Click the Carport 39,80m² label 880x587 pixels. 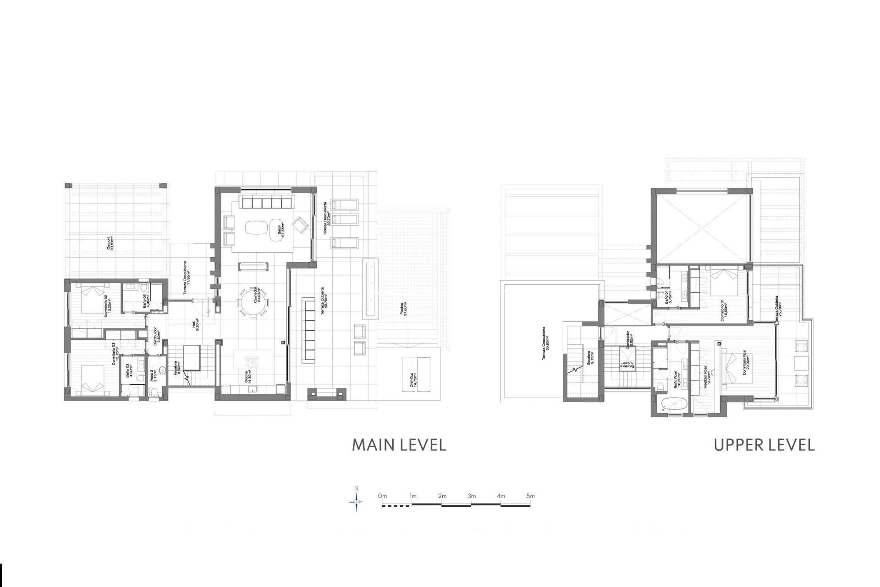(x=110, y=243)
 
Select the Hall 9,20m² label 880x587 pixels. (x=196, y=325)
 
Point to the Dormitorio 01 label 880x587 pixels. (x=724, y=310)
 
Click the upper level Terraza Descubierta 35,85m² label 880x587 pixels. (x=545, y=344)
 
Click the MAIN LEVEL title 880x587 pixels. (x=399, y=445)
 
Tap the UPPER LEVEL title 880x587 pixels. (x=764, y=445)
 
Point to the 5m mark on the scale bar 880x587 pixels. (x=530, y=496)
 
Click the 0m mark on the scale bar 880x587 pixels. (x=383, y=496)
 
